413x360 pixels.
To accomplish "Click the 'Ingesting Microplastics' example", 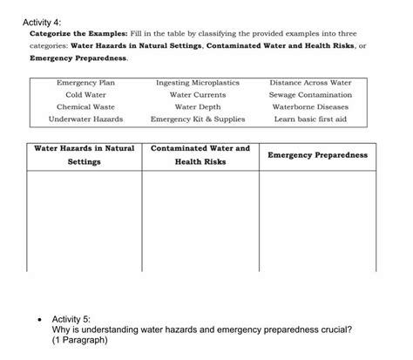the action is [x=198, y=83].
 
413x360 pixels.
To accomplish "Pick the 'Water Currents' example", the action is [x=198, y=95].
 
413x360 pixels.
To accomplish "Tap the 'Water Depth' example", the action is [x=198, y=107].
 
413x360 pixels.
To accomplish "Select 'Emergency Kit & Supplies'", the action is [x=198, y=119].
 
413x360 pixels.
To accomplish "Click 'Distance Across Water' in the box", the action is [x=311, y=83].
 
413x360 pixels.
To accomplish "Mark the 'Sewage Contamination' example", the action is [x=311, y=95].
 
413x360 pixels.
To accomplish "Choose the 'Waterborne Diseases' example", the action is [x=311, y=107].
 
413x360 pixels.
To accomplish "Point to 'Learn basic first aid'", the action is [x=311, y=119].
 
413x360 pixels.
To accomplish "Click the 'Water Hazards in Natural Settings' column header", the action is [x=85, y=155].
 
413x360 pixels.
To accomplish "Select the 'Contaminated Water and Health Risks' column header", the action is [x=200, y=155].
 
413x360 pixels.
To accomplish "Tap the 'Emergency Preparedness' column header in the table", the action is [x=317, y=155].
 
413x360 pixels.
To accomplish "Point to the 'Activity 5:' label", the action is [x=76, y=320].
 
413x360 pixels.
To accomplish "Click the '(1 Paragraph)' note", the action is [x=80, y=341].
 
